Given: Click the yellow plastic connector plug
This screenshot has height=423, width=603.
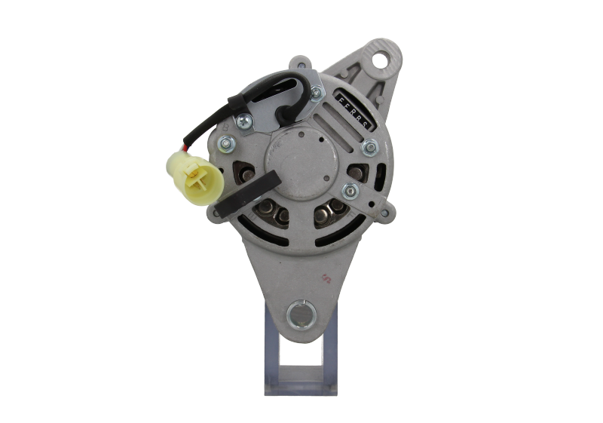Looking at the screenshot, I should pyautogui.click(x=195, y=173).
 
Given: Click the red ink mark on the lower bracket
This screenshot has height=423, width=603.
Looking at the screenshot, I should pyautogui.click(x=326, y=278).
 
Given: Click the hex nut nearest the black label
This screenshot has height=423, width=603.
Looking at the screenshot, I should pyautogui.click(x=317, y=93).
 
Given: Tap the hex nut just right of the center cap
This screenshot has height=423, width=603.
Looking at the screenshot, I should pyautogui.click(x=350, y=190).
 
